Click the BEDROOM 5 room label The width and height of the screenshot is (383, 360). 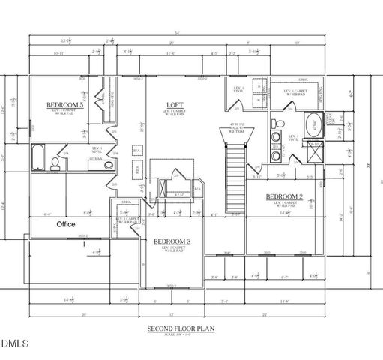coord(64,104)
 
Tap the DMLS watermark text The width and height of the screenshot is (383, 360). coord(15,343)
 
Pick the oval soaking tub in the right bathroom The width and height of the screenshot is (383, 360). coord(314,124)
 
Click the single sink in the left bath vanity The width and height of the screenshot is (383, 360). coord(109,165)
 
